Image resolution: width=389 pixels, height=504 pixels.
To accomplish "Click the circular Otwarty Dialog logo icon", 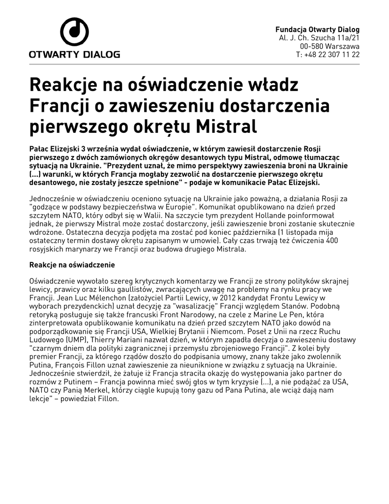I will [74, 31].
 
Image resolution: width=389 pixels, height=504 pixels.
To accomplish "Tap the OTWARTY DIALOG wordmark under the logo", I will [74, 54].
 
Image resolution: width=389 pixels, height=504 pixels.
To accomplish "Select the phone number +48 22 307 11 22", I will [332, 55].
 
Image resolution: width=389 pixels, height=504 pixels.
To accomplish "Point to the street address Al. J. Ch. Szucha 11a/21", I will [319, 38].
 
